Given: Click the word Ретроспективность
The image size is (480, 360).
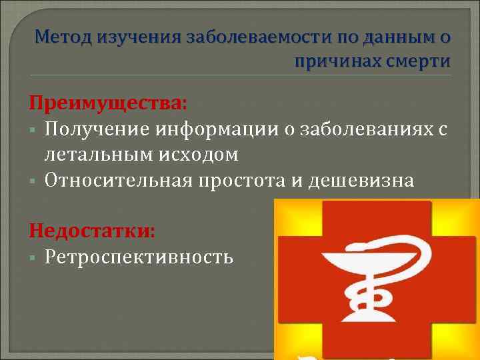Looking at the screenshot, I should pos(139,256).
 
